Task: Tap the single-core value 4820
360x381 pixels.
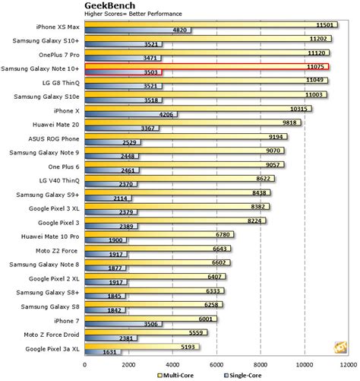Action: [181, 30]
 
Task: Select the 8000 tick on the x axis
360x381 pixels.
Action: [261, 364]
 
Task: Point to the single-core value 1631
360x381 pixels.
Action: [109, 353]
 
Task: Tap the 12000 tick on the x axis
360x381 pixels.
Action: [349, 364]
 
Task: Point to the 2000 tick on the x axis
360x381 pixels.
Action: [129, 364]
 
